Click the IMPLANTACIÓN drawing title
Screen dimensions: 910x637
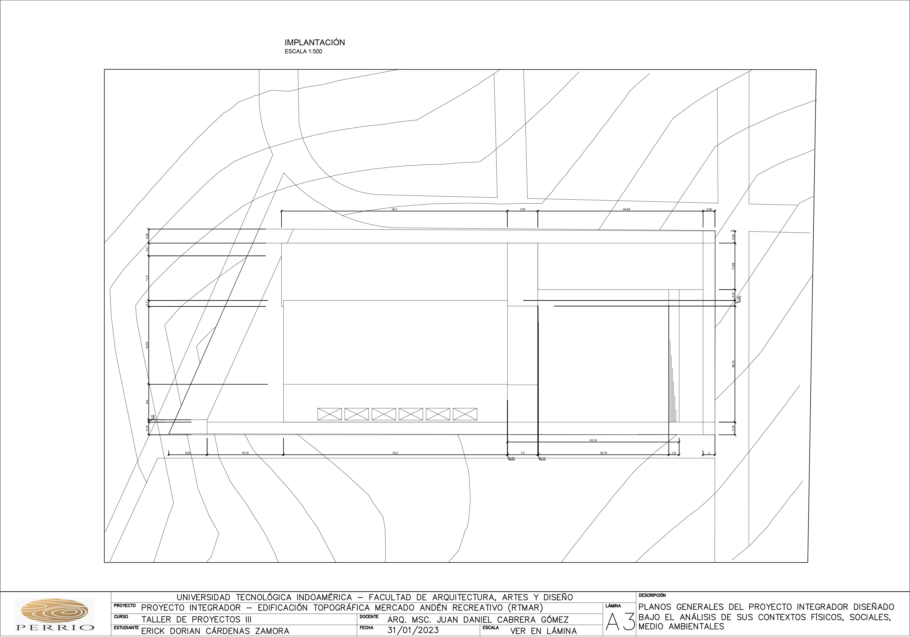(x=315, y=42)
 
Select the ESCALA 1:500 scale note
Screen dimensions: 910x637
(x=303, y=51)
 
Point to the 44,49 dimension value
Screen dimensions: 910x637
(x=626, y=209)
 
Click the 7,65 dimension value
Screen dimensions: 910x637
(x=522, y=209)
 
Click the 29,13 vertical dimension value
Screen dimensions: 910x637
(x=733, y=364)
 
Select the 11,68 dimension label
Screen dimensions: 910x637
(x=733, y=266)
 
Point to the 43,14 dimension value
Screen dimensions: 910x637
(x=593, y=440)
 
